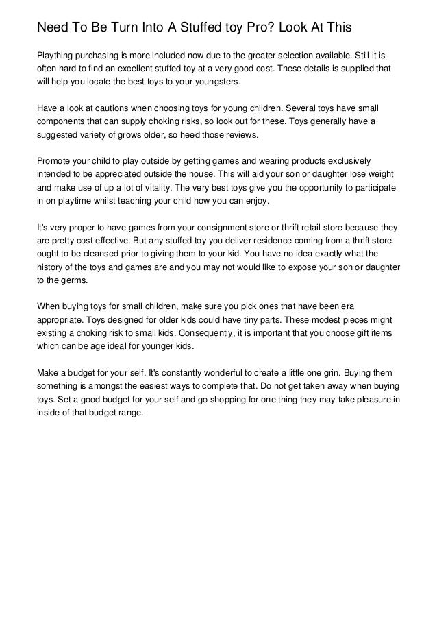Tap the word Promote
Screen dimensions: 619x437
coord(56,160)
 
